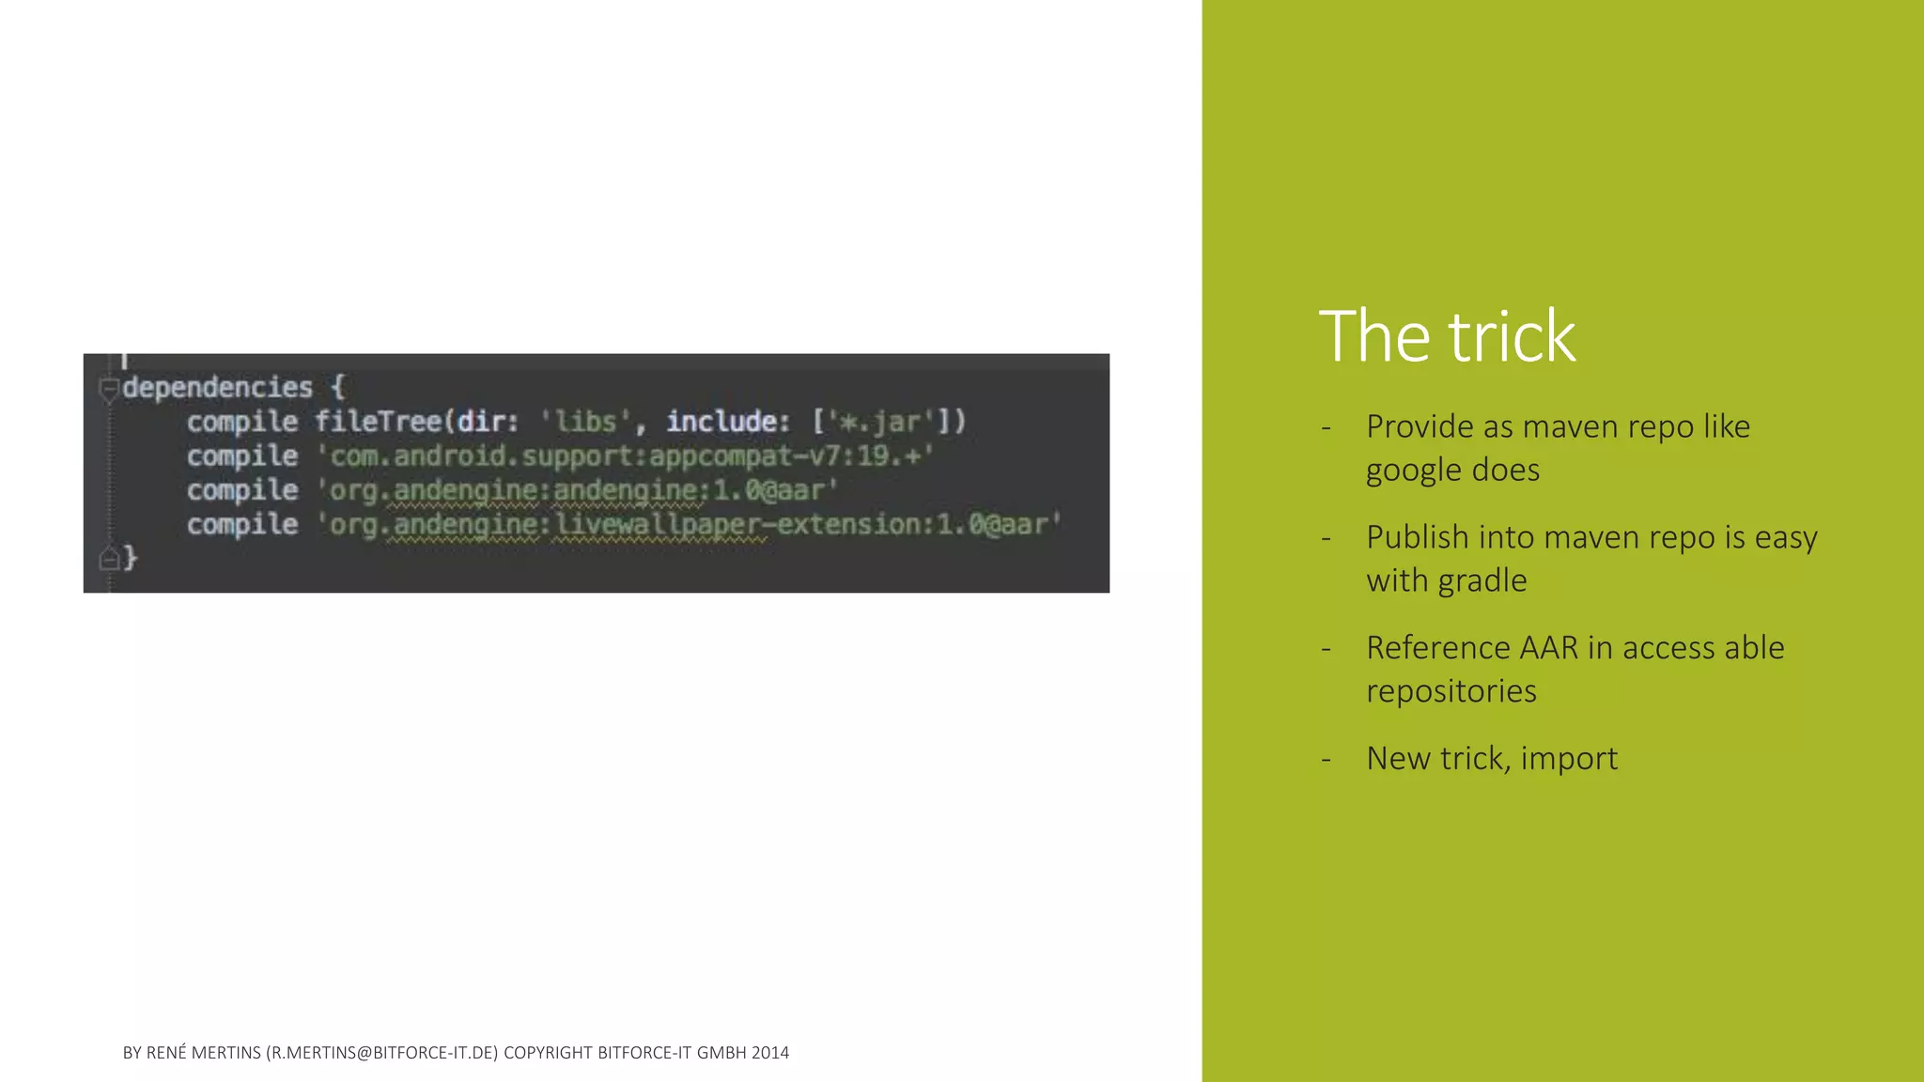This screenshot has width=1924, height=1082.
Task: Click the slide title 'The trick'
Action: point(1447,336)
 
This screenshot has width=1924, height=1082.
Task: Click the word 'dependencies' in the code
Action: point(217,387)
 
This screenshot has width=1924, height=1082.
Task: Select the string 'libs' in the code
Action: point(584,422)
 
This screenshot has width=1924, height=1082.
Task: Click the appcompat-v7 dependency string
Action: point(626,456)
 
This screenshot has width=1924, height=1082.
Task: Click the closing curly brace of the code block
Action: point(131,558)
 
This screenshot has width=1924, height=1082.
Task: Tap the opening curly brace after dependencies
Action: point(338,387)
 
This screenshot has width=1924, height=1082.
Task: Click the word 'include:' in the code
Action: point(727,422)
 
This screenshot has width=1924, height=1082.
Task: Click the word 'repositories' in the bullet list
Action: point(1451,691)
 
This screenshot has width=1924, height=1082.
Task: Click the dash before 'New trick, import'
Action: point(1326,759)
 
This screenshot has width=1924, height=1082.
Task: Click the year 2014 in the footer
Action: point(770,1053)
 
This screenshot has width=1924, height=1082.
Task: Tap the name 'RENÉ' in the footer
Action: point(166,1053)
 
